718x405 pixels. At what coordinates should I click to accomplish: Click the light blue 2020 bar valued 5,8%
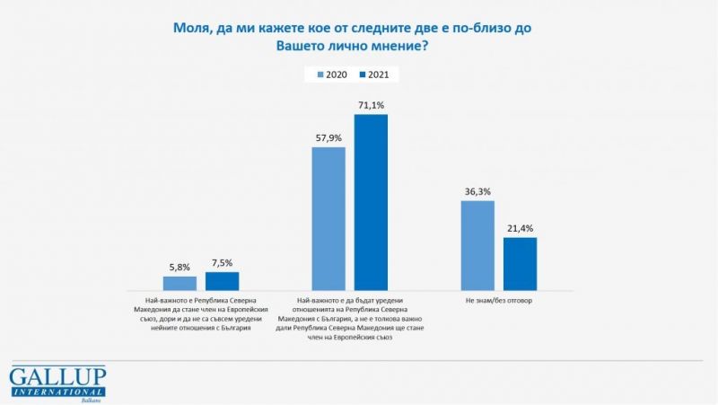click(179, 283)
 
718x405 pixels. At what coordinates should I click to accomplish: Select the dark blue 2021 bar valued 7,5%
click(222, 281)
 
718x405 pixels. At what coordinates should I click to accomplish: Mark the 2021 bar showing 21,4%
click(520, 263)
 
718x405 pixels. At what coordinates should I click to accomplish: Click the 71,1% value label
click(372, 106)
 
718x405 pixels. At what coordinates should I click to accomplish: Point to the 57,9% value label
click(328, 138)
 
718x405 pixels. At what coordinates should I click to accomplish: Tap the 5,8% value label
click(179, 268)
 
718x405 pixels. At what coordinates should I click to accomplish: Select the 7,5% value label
click(222, 263)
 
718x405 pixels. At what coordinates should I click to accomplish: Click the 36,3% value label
click(477, 192)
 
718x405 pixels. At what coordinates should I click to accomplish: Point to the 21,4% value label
click(520, 228)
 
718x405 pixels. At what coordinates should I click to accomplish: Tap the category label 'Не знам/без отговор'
click(498, 301)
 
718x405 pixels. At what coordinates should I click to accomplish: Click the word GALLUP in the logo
click(57, 376)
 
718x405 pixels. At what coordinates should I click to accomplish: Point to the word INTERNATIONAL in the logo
click(57, 391)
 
